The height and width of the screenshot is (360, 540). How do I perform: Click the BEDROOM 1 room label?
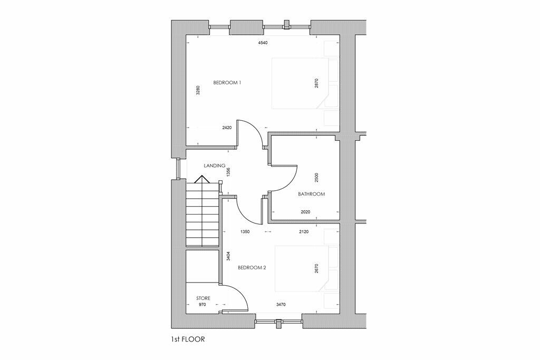227,83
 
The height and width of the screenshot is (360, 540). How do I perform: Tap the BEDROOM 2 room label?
252,267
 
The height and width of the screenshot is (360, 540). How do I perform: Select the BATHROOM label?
311,194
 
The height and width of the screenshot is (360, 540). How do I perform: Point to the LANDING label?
214,166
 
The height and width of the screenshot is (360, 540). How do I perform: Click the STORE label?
203,298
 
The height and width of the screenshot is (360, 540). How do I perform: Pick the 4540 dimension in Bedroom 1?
263,43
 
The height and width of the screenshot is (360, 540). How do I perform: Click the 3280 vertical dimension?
198,90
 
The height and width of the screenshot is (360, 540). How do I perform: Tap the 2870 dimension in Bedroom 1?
316,83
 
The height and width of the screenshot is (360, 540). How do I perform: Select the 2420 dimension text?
227,128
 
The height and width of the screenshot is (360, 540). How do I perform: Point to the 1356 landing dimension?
228,172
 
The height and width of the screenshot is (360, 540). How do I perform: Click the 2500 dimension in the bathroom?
316,178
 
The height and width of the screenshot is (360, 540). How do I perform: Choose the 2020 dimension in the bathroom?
305,212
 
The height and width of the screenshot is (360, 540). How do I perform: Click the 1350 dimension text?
245,231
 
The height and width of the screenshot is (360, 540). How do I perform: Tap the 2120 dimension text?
304,231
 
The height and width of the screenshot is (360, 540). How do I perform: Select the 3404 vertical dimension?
228,256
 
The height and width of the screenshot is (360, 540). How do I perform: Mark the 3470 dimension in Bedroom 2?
281,304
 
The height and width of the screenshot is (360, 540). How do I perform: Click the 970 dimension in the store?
202,304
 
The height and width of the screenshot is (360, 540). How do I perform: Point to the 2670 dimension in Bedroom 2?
316,268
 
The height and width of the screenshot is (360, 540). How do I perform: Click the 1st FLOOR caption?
188,339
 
